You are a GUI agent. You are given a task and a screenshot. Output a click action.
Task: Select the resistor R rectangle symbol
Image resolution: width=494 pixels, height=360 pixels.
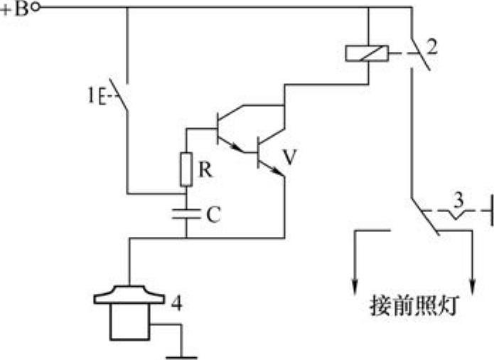(x=186, y=168)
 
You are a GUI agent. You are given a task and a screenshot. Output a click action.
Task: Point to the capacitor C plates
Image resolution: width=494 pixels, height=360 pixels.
(x=186, y=213)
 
